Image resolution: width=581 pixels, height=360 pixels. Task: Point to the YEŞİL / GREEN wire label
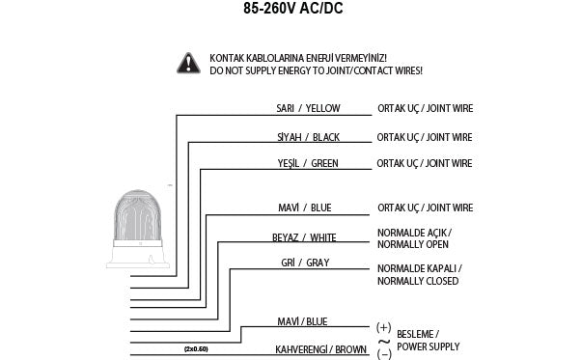pyautogui.click(x=307, y=163)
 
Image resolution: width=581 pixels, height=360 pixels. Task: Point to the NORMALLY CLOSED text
pyautogui.click(x=418, y=281)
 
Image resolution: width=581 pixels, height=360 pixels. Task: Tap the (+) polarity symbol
pyautogui.click(x=383, y=327)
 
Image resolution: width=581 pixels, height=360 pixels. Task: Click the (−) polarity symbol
pyautogui.click(x=383, y=352)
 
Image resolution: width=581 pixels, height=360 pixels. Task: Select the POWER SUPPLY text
pyautogui.click(x=429, y=346)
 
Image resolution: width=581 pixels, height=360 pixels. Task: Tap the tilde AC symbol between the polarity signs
pyautogui.click(x=383, y=340)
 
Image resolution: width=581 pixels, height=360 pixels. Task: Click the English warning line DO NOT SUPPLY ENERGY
pyautogui.click(x=316, y=71)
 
